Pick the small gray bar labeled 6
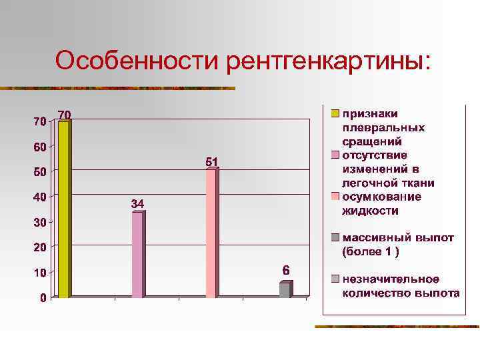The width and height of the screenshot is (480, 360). click(285, 290)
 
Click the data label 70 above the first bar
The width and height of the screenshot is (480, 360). click(65, 114)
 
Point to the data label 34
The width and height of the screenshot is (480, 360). click(137, 203)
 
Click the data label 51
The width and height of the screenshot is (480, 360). click(211, 161)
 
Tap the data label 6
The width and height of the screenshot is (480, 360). click(285, 271)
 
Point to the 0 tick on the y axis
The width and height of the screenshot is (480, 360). click(43, 298)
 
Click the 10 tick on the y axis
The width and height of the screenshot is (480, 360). click(40, 273)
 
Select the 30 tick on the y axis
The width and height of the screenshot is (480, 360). click(40, 222)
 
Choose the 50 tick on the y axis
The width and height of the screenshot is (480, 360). click(40, 172)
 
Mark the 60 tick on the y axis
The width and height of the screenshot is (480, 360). click(40, 147)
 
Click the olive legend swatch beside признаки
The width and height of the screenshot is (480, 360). click(337, 113)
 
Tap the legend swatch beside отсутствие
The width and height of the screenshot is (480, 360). click(337, 155)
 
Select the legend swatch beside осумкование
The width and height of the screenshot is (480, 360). click(337, 197)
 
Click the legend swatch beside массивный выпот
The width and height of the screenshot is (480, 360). click(337, 237)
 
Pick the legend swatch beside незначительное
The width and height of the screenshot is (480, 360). click(337, 279)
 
